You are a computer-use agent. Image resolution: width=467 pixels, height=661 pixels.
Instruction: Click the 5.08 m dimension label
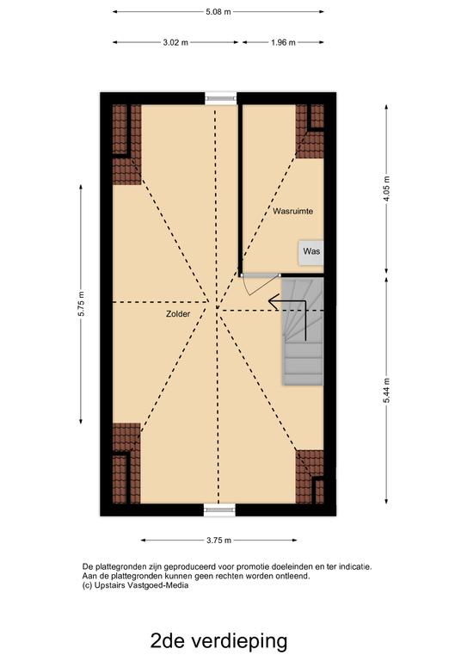[x=218, y=13]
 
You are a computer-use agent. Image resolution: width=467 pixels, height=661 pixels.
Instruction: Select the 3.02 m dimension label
[x=176, y=42]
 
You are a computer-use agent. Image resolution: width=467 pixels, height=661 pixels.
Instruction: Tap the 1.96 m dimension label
[x=283, y=42]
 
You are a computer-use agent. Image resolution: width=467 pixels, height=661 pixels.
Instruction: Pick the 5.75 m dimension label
[x=81, y=304]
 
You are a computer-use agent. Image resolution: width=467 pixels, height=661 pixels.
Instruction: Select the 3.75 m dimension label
[x=218, y=540]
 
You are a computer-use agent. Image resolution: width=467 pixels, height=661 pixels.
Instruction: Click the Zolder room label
[x=178, y=315]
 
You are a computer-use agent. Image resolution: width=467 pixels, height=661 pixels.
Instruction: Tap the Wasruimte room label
[x=293, y=210]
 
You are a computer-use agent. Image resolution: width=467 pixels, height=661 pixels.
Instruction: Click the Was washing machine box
[x=311, y=252]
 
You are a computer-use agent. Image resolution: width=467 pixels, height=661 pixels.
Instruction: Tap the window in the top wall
[x=219, y=98]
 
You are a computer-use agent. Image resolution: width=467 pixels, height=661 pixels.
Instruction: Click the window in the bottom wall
[x=219, y=510]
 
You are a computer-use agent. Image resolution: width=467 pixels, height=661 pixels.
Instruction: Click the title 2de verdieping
[x=218, y=640]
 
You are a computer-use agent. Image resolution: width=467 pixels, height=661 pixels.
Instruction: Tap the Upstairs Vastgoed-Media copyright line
[x=135, y=585]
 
